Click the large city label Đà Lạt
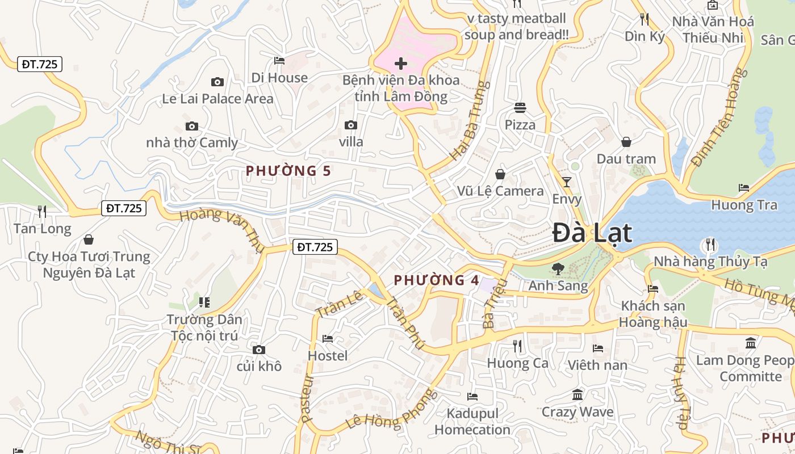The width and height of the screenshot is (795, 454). pyautogui.click(x=592, y=233)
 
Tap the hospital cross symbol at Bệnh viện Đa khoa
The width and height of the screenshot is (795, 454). pyautogui.click(x=401, y=63)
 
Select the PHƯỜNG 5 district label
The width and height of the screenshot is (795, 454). pyautogui.click(x=288, y=170)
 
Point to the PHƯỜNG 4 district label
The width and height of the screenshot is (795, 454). pyautogui.click(x=437, y=280)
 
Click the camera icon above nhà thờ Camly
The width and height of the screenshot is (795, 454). pyautogui.click(x=192, y=126)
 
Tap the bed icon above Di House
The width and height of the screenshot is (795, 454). pyautogui.click(x=279, y=60)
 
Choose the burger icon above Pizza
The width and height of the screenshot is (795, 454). pyautogui.click(x=520, y=107)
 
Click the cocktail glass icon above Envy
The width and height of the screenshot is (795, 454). pyautogui.click(x=566, y=182)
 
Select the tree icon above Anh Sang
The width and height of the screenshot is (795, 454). pyautogui.click(x=558, y=268)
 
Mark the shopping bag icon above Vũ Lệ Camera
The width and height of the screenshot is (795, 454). pyautogui.click(x=500, y=174)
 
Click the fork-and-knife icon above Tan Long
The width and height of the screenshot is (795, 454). pyautogui.click(x=42, y=212)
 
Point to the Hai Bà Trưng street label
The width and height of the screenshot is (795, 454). pyautogui.click(x=468, y=120)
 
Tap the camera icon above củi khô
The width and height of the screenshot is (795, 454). pyautogui.click(x=259, y=350)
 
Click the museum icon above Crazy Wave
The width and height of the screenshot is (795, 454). pyautogui.click(x=578, y=394)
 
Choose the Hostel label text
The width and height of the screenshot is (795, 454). pyautogui.click(x=328, y=356)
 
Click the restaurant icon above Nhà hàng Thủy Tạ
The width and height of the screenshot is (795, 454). pyautogui.click(x=710, y=245)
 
